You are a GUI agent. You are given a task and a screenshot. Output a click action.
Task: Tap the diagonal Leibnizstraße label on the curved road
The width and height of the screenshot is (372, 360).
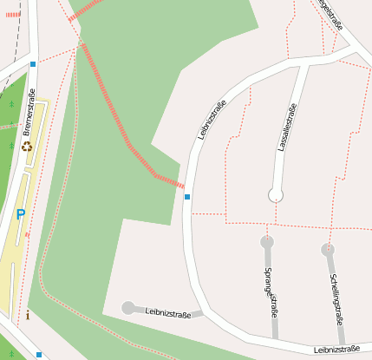pos(212,120)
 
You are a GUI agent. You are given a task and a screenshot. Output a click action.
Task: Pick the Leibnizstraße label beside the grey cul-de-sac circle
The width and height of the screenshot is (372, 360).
pos(167,311)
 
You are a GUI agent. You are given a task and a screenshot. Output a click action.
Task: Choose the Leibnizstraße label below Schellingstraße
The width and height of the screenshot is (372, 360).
pos(337,349)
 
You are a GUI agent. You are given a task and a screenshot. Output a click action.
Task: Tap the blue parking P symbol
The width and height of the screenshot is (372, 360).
pos(20,214)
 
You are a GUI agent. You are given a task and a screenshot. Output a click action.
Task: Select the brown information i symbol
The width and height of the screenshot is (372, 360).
pos(28,314)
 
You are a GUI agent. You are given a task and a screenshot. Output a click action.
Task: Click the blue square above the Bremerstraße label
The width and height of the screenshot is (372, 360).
pos(33,64)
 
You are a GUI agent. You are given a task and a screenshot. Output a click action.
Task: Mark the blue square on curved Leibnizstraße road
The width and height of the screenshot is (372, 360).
pos(187,197)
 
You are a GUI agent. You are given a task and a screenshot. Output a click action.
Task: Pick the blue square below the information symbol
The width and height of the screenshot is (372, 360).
pos(38,354)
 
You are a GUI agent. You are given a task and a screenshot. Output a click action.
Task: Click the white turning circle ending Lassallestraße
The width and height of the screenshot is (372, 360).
pos(276,193)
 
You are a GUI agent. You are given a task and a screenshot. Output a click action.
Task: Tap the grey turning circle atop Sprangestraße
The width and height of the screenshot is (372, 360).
pos(267,241)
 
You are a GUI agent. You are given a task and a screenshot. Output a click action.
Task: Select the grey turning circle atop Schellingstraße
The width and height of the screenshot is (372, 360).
pos(328,250)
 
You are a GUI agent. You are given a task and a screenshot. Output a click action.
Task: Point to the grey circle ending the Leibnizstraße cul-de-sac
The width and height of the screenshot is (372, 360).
pos(128,307)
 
